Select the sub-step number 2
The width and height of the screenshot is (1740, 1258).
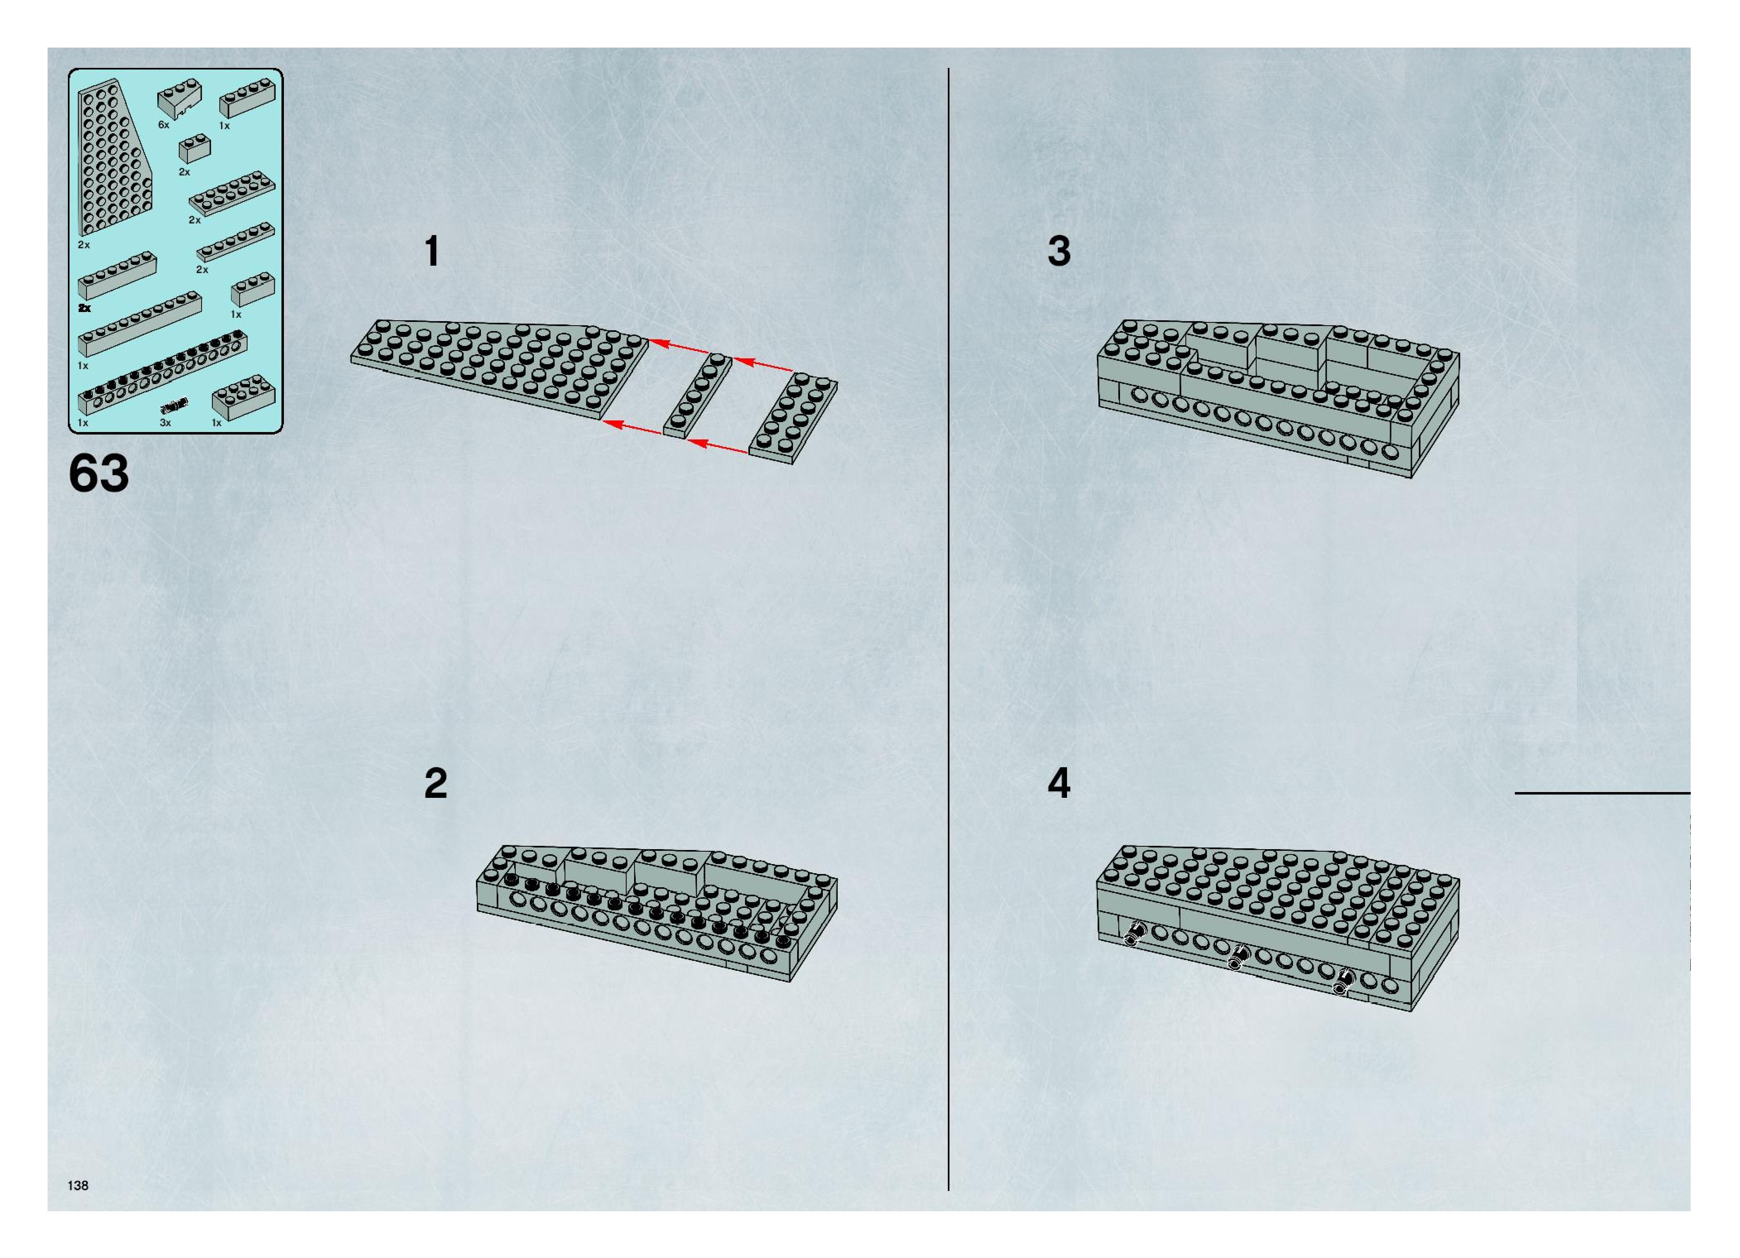coord(436,783)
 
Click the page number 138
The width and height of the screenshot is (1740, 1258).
coord(78,1185)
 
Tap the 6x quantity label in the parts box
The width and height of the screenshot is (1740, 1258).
coord(163,124)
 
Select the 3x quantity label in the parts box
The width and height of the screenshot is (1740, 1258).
coord(165,423)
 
